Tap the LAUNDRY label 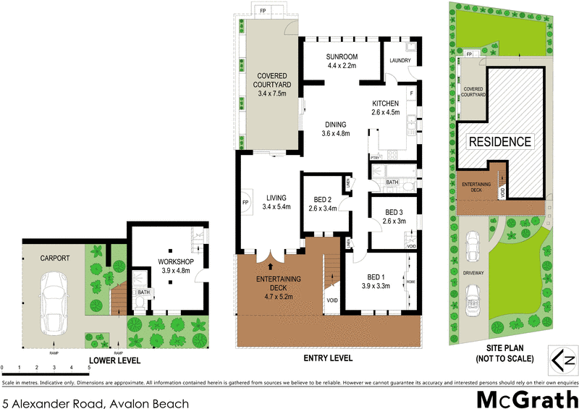pyautogui.click(x=400, y=61)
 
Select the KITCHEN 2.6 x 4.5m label pyautogui.click(x=385, y=108)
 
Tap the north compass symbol pyautogui.click(x=562, y=359)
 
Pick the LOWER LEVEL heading pyautogui.click(x=114, y=360)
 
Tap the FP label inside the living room pyautogui.click(x=245, y=202)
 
